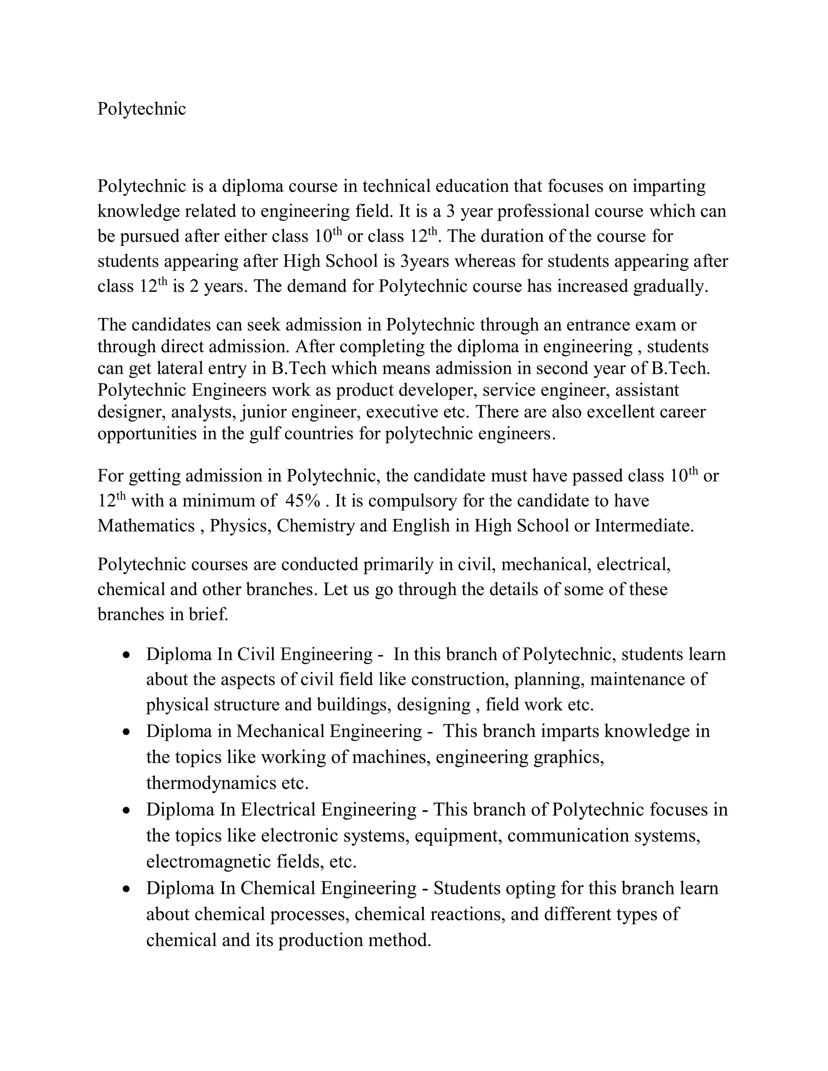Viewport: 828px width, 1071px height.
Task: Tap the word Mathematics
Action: (146, 526)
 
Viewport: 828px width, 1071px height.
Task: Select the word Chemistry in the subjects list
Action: (315, 526)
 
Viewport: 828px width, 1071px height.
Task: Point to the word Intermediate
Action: (644, 526)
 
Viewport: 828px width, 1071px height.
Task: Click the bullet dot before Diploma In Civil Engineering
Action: (127, 655)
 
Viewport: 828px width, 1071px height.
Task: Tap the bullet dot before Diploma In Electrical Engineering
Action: (127, 810)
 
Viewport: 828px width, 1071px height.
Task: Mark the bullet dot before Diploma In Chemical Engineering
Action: (127, 889)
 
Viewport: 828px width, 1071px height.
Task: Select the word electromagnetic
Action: (206, 862)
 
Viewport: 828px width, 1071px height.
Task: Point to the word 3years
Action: (424, 261)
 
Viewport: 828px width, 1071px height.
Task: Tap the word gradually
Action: (671, 287)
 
